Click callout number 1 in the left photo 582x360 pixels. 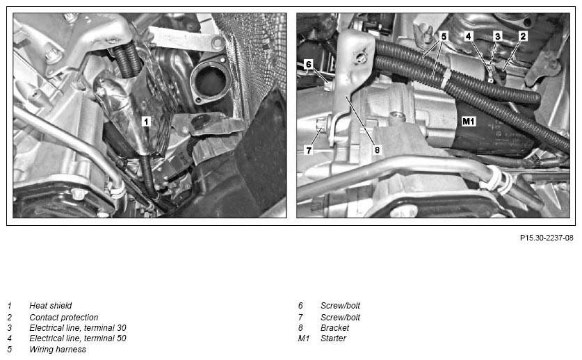click(x=146, y=121)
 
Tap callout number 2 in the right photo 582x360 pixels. click(x=523, y=35)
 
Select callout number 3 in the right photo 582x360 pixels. click(x=498, y=35)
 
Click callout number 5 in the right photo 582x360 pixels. click(x=444, y=35)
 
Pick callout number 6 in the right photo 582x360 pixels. click(x=309, y=64)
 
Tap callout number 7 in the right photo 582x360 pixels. click(x=309, y=149)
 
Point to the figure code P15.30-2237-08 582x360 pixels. click(x=547, y=238)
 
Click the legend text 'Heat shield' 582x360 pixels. click(x=50, y=306)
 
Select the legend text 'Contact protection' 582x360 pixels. click(x=63, y=317)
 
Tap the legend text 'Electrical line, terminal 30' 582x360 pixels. click(x=77, y=328)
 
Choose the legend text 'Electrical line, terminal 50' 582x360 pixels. click(x=77, y=338)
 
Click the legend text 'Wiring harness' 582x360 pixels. click(x=58, y=350)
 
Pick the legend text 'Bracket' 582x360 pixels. click(x=334, y=328)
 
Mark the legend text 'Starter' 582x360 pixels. click(x=333, y=338)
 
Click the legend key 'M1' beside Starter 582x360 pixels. click(x=303, y=338)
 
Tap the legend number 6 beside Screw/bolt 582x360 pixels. click(x=300, y=306)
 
